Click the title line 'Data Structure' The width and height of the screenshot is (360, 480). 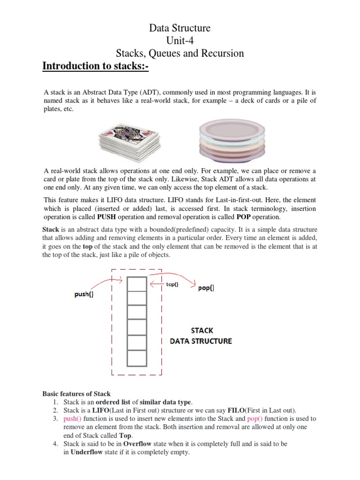click(x=180, y=28)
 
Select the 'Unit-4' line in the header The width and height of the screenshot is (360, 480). click(x=180, y=41)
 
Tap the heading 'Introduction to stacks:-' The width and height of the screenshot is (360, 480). click(x=95, y=66)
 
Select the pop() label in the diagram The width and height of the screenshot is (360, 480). click(x=206, y=288)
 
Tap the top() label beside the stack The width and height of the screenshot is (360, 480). click(x=172, y=285)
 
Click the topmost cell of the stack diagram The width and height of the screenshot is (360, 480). click(x=137, y=284)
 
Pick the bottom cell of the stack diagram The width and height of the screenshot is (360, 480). click(x=137, y=359)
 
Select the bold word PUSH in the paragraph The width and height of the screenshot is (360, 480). click(x=108, y=217)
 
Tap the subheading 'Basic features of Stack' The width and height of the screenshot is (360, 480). click(x=76, y=393)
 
